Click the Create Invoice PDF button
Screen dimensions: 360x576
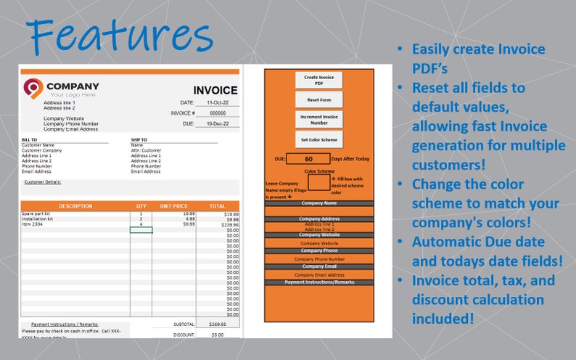coord(318,80)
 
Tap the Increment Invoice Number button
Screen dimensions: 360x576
coord(318,119)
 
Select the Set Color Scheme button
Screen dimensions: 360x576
coord(318,139)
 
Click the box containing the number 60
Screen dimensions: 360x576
coord(308,159)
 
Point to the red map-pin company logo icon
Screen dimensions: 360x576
coord(33,89)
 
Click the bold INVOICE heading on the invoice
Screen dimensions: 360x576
coord(214,91)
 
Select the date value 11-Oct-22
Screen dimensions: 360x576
coord(218,103)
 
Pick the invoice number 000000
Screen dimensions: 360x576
coord(218,113)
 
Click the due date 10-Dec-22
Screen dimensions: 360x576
coord(218,124)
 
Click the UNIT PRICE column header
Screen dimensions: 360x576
coord(174,206)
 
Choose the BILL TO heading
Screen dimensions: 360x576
coord(30,139)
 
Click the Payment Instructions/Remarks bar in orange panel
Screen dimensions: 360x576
coord(319,282)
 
